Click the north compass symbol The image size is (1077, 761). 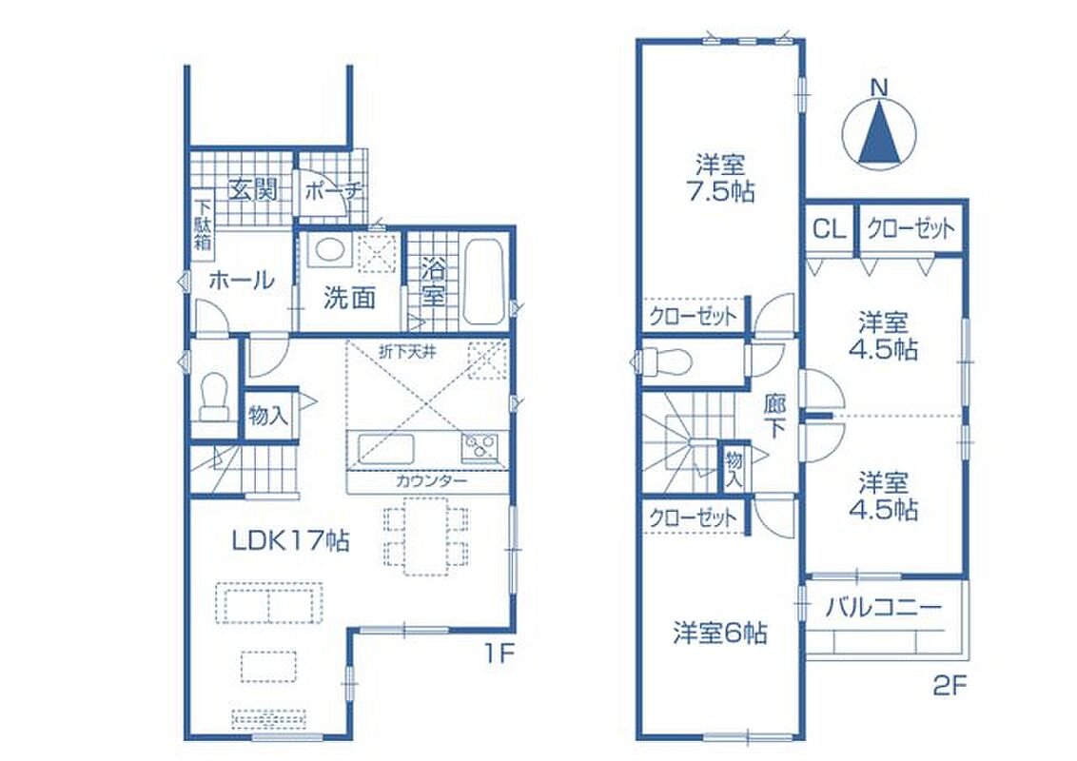click(x=879, y=129)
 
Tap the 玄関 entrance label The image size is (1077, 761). click(x=252, y=189)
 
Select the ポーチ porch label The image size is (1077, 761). click(x=333, y=191)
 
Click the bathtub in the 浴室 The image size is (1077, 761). click(x=484, y=283)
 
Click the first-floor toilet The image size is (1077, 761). click(x=214, y=397)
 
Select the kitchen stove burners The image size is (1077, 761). click(x=481, y=448)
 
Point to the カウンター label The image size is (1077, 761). click(x=431, y=480)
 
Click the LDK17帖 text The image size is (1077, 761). click(x=290, y=541)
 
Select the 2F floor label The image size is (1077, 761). click(x=950, y=687)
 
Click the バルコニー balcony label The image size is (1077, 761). click(x=883, y=608)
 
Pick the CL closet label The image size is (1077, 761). click(x=830, y=228)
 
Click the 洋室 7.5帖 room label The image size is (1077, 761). click(x=720, y=179)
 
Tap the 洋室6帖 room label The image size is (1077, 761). click(x=720, y=633)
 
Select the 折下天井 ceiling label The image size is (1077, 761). click(x=408, y=354)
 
